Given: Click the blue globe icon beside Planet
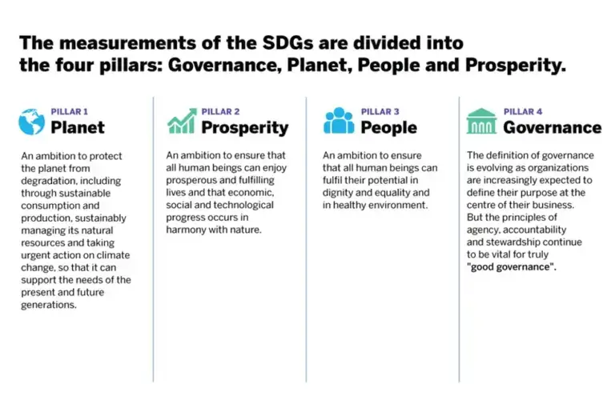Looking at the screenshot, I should point(32,121).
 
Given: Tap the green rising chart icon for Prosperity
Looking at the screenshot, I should point(181,121).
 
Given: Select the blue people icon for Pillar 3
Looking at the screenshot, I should point(338,121).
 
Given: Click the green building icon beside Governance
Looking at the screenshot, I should point(481,121).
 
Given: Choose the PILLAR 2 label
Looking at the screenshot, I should point(220,112).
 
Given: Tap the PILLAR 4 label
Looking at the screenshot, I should point(523,112).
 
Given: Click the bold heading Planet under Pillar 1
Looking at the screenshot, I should point(78,128).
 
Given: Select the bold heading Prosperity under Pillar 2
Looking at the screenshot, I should point(244,128).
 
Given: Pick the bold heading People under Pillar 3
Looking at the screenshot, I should point(388,128).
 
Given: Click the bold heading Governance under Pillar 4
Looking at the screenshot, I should point(552,128).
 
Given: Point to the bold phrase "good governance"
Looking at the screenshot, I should point(512,267).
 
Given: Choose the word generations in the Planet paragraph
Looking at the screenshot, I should point(49,305).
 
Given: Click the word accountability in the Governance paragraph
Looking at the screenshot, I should point(534,230).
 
